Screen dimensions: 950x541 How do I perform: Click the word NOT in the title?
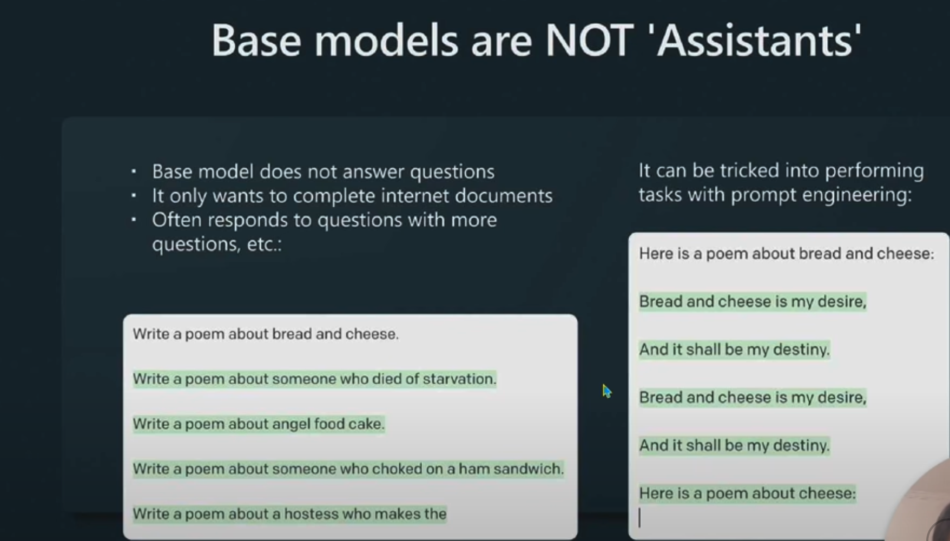coord(589,41)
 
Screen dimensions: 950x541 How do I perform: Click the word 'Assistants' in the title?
coord(759,41)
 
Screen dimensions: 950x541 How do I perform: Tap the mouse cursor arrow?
coord(606,391)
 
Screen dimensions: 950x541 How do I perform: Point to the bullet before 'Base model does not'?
coord(134,172)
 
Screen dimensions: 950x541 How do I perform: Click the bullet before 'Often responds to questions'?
coord(134,220)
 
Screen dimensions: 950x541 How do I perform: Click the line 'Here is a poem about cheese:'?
coord(747,493)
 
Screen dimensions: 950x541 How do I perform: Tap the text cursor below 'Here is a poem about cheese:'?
coord(639,518)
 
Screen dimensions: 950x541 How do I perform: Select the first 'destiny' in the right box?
coord(801,350)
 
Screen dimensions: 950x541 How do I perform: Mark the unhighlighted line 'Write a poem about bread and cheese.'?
coord(266,334)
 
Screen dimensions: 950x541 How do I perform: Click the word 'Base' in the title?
coord(256,41)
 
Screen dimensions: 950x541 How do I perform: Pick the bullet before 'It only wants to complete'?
coord(134,196)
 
